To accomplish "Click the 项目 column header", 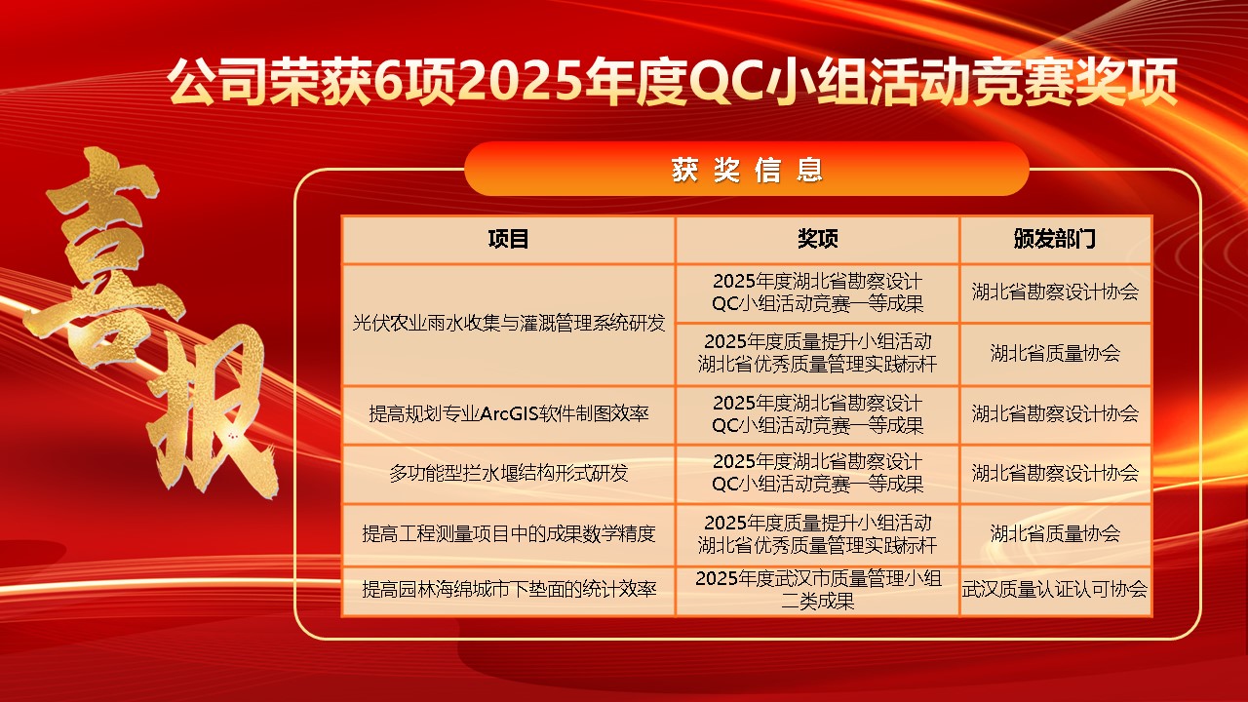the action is [508, 239].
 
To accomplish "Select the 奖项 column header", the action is [817, 239].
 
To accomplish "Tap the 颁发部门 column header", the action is [1055, 239].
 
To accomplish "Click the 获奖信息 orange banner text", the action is [747, 170].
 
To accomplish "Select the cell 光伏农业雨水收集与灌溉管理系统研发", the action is [509, 323].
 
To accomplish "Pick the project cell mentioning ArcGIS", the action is [509, 414].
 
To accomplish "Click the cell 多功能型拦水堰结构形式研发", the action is [509, 474].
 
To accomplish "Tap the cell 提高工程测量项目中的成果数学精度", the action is [509, 533].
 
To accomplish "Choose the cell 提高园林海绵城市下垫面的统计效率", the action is [509, 589].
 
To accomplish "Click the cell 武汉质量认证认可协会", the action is [1055, 589].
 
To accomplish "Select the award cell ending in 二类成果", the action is [818, 590].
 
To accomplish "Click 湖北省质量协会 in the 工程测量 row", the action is [1055, 533].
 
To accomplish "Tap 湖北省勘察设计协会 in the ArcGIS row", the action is [1055, 414].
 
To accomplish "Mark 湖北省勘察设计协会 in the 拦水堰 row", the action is [1055, 474].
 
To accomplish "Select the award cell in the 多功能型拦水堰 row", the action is [817, 474].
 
